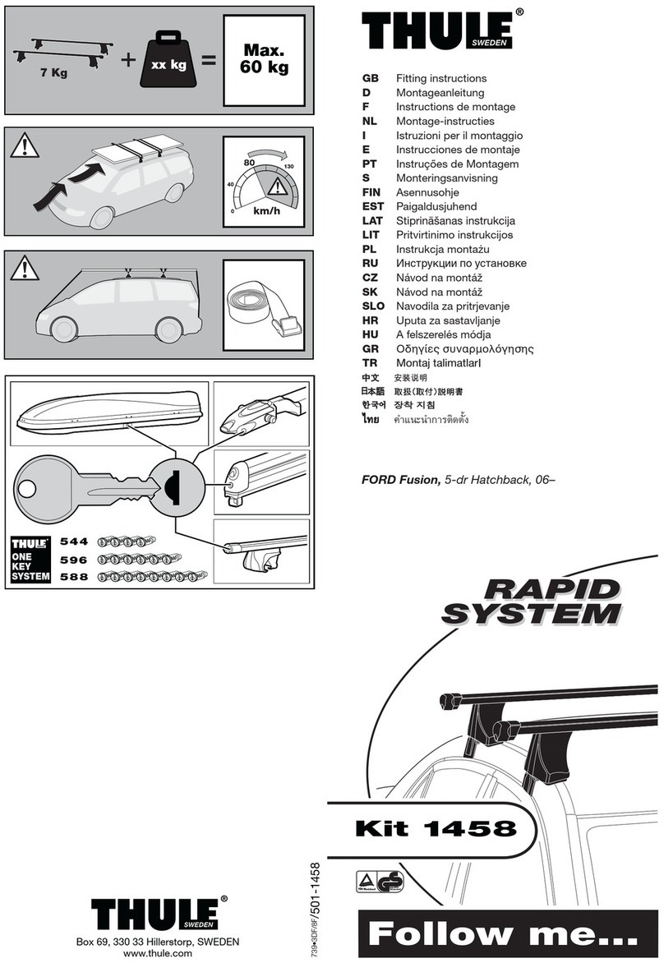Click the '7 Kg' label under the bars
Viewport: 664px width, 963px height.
(53, 72)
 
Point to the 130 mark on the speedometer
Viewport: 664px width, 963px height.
(288, 168)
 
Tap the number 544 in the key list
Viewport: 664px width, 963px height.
(74, 542)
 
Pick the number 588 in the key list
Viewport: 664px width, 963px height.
(74, 577)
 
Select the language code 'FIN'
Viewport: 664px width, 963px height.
(372, 192)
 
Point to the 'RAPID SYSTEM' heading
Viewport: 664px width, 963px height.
(533, 601)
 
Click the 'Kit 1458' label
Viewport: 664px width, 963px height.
(436, 828)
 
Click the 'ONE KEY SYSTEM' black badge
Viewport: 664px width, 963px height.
(30, 559)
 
